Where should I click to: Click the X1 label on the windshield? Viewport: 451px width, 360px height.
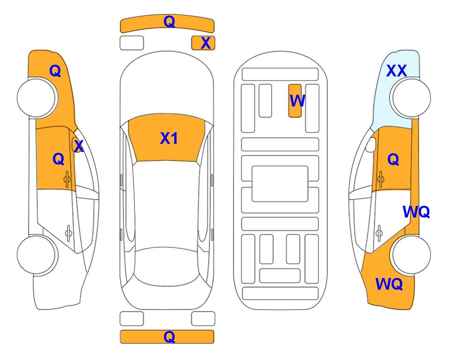(x=169, y=138)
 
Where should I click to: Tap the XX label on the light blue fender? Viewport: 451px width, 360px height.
(x=396, y=71)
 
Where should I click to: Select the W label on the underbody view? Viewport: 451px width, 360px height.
(x=297, y=100)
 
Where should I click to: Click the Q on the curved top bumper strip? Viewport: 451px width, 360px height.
(x=170, y=21)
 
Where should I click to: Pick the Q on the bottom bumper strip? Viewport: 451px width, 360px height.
(x=170, y=337)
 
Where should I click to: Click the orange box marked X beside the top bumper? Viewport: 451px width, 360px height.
(x=203, y=43)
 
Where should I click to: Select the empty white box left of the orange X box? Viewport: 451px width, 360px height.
(x=132, y=43)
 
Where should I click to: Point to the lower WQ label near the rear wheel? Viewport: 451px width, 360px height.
(x=389, y=284)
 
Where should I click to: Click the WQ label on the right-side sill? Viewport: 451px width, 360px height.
(x=416, y=212)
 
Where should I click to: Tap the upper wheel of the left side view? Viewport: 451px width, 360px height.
(x=36, y=97)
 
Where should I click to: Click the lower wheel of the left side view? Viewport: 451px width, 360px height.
(x=36, y=255)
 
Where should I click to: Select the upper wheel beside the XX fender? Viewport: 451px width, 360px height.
(x=411, y=97)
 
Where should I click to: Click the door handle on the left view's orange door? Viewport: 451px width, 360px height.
(x=67, y=179)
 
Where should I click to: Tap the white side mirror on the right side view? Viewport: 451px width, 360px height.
(x=370, y=144)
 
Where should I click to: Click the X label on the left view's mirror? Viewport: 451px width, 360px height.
(x=79, y=146)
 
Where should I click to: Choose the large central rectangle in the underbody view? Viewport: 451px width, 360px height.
(x=280, y=184)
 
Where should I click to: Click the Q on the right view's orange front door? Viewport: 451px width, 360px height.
(x=393, y=159)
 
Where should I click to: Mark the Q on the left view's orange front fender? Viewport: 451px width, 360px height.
(x=55, y=71)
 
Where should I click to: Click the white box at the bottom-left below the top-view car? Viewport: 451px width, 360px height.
(x=132, y=319)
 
